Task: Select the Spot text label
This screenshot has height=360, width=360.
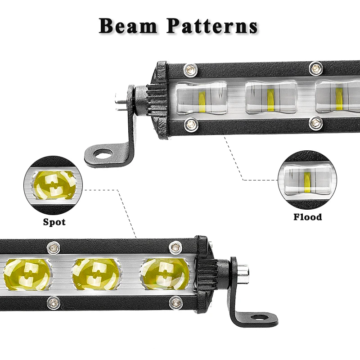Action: pos(54,222)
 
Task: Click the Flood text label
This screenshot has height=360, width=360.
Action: pos(308,217)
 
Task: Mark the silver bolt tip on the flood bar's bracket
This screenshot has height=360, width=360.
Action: pos(119,99)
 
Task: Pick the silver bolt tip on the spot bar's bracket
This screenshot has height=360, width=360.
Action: pos(243,272)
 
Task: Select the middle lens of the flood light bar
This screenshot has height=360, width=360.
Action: pos(271,97)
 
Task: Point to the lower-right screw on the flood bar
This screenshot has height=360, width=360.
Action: pos(315,122)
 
